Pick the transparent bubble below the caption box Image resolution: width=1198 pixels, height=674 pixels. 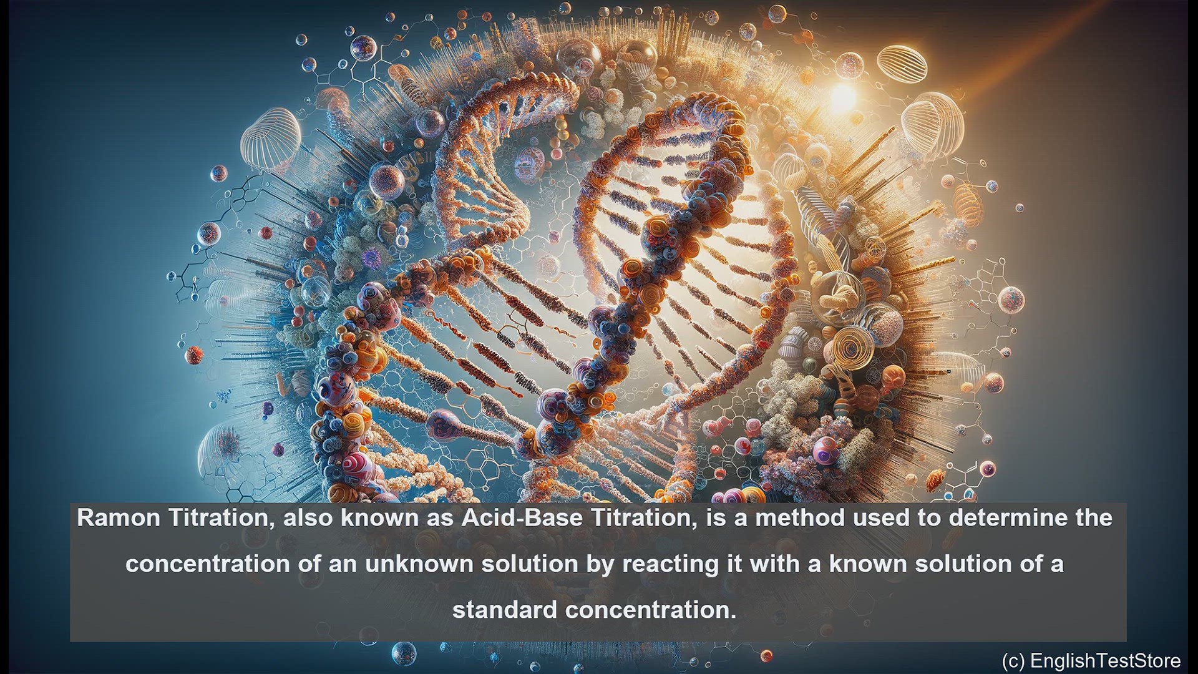[404, 653]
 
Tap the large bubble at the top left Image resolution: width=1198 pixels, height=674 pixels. [363, 47]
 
